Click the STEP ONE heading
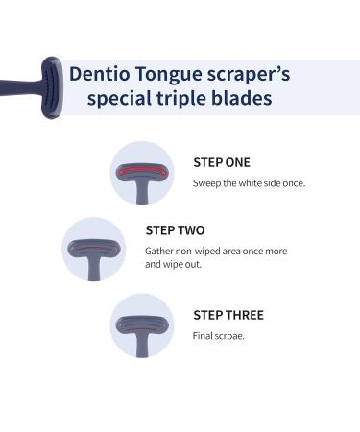(222, 162)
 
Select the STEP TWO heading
(175, 230)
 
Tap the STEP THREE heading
(228, 315)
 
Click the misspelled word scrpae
(229, 335)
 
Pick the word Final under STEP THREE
(204, 335)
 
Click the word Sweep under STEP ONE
(206, 182)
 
